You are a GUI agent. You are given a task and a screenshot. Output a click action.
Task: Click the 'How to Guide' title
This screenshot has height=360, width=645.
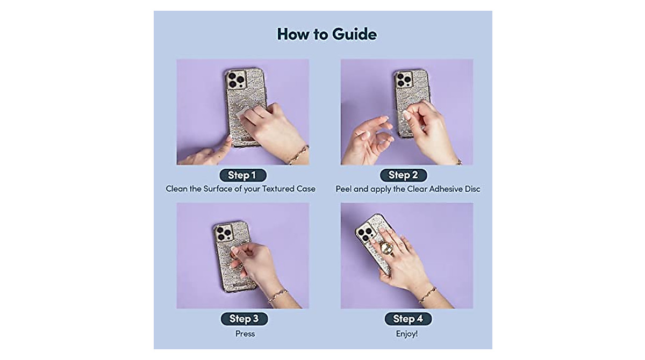point(327,34)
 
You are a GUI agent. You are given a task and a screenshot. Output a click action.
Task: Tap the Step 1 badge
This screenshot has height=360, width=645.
point(242,175)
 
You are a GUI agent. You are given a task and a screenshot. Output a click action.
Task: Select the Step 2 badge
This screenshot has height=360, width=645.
point(403,175)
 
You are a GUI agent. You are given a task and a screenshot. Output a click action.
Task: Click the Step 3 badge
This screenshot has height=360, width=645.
point(244,319)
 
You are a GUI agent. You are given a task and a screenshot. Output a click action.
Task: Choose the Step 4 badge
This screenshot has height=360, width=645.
point(407,319)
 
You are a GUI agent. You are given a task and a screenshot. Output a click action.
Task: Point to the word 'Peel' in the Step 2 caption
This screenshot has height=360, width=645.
point(345,189)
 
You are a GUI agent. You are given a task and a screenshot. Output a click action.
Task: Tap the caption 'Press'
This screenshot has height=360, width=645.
point(245,334)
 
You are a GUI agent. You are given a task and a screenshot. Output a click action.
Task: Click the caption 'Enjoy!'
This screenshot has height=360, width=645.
point(406,334)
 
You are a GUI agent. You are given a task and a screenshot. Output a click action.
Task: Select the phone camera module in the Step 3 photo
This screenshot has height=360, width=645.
point(223,232)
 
